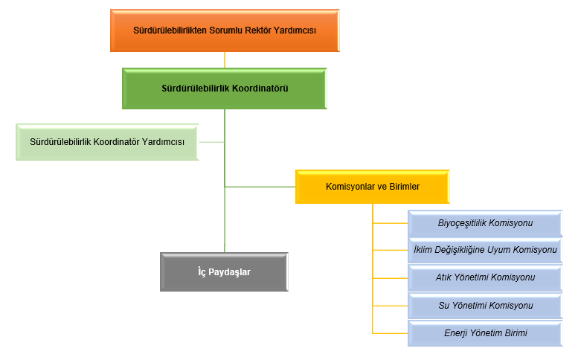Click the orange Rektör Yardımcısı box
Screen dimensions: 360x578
point(225,30)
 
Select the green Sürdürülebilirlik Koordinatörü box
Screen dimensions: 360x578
point(225,89)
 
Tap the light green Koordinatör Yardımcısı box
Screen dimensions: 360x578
point(107,141)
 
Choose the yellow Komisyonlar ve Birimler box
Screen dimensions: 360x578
point(372,187)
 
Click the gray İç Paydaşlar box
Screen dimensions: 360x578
point(224,272)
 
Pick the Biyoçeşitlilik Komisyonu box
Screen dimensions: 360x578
point(485,223)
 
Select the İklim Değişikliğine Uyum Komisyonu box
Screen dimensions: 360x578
point(485,250)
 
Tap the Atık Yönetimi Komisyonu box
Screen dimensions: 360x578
point(485,277)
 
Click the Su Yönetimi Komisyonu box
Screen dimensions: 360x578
point(485,306)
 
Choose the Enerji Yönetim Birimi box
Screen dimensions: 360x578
point(485,333)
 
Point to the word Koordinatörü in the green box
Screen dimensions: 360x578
point(260,89)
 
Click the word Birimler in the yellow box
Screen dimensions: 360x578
point(402,187)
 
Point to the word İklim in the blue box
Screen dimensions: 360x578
point(424,250)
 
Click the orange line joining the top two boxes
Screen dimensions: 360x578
point(225,60)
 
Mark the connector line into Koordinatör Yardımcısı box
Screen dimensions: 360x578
point(211,141)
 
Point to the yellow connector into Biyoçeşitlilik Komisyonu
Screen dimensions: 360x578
point(390,222)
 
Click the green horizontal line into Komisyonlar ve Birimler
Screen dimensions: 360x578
point(260,187)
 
